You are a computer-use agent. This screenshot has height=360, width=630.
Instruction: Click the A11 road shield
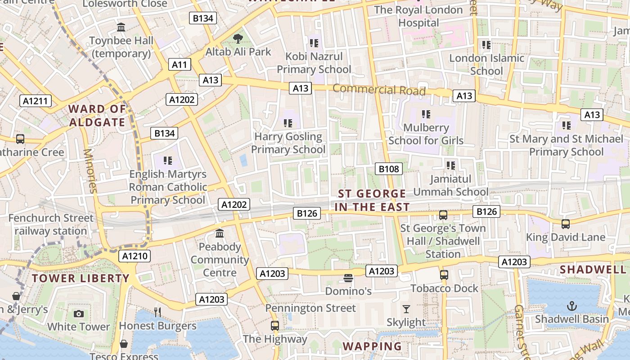pos(179,64)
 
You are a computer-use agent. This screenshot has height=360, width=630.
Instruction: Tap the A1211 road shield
pos(36,101)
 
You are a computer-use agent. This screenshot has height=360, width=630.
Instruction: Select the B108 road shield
pos(389,169)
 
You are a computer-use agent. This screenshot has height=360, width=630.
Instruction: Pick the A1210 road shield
pos(135,256)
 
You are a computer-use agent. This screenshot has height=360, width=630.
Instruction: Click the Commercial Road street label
pos(379,90)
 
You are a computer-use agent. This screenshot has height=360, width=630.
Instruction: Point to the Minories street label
pos(90,171)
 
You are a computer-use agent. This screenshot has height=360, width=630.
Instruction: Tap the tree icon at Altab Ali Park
pos(238,39)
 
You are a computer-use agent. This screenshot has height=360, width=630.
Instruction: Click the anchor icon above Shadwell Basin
pos(571,306)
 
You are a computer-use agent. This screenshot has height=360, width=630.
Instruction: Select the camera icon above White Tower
pos(79,314)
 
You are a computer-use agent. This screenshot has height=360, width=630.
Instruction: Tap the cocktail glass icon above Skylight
pos(406,309)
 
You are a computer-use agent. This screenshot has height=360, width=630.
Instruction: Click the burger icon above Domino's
pos(348,278)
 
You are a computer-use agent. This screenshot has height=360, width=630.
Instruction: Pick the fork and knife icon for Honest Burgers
pos(157,312)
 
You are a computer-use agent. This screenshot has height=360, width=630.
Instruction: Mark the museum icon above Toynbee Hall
pos(121,27)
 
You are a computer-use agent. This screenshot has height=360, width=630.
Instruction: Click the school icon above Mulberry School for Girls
pos(426,114)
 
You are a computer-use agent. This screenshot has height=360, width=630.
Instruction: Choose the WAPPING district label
pos(372,346)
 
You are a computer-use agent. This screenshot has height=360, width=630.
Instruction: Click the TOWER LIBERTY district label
pos(81,278)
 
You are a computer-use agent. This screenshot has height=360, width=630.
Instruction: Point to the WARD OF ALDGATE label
pos(97,115)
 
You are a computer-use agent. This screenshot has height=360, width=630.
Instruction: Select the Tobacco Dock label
pos(444,288)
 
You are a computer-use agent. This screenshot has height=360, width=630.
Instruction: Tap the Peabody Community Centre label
pos(220,260)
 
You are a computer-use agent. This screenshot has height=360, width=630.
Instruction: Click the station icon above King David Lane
pos(566,224)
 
